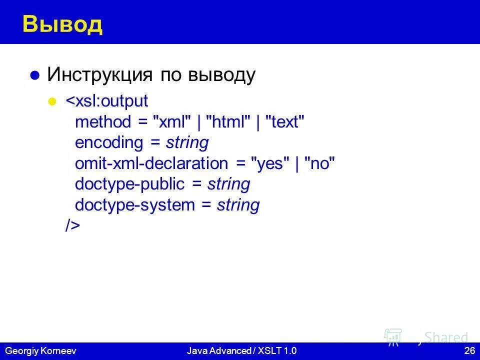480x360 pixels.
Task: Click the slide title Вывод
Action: tap(62, 24)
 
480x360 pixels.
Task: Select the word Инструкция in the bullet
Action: tap(99, 75)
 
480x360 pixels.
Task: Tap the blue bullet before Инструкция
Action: tap(34, 76)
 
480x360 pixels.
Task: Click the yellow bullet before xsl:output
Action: tap(51, 101)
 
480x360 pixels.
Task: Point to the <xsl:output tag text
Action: tap(107, 101)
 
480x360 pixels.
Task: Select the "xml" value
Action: tap(172, 122)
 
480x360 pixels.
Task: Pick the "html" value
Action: tap(228, 122)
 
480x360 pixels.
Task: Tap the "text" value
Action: tap(284, 122)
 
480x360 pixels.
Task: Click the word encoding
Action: tap(108, 143)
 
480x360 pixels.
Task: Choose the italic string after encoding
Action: tap(187, 143)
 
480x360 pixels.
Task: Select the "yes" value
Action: tap(270, 163)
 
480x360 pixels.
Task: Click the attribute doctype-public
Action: tap(129, 184)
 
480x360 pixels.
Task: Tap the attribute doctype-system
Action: tap(134, 205)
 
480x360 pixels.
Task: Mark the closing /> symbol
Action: tap(72, 225)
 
